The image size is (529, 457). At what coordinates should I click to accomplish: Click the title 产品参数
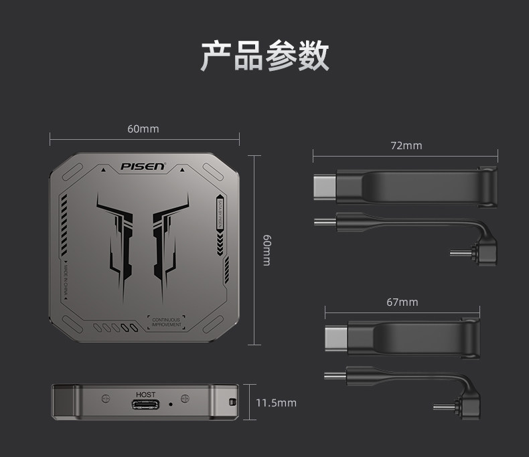(264, 56)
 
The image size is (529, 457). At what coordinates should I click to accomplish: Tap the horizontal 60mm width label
(143, 128)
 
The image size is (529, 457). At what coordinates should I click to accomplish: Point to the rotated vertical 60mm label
(266, 250)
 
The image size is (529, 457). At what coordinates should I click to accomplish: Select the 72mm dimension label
(406, 145)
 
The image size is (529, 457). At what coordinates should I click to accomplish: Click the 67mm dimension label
(402, 302)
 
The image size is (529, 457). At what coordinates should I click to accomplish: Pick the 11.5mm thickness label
(276, 403)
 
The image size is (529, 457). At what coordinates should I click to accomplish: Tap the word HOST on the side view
(145, 395)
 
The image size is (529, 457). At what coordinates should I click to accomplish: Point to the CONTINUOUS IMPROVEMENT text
(166, 323)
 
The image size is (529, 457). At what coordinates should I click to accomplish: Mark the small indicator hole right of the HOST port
(171, 404)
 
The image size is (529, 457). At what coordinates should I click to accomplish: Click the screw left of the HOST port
(104, 399)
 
